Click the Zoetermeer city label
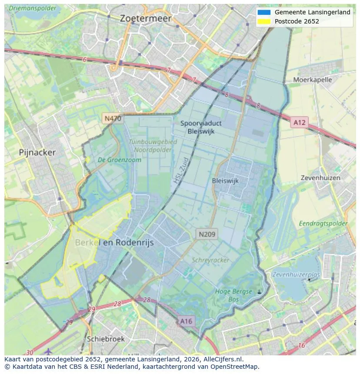pyautogui.click(x=146, y=19)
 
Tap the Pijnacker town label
pyautogui.click(x=37, y=152)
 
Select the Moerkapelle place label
pyautogui.click(x=312, y=80)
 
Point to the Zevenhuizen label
pyautogui.click(x=320, y=178)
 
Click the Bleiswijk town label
pyautogui.click(x=225, y=181)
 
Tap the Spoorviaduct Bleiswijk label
pyautogui.click(x=198, y=127)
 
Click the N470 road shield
pyautogui.click(x=113, y=119)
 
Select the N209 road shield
pyautogui.click(x=207, y=235)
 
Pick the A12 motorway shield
pyautogui.click(x=299, y=122)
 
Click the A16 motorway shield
pyautogui.click(x=186, y=321)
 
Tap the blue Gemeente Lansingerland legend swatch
pyautogui.click(x=264, y=12)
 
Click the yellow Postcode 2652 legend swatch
pyautogui.click(x=264, y=21)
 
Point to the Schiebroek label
pyautogui.click(x=106, y=339)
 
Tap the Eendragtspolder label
pyautogui.click(x=323, y=224)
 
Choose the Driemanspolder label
pyautogui.click(x=32, y=8)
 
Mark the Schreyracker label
pyautogui.click(x=210, y=260)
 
